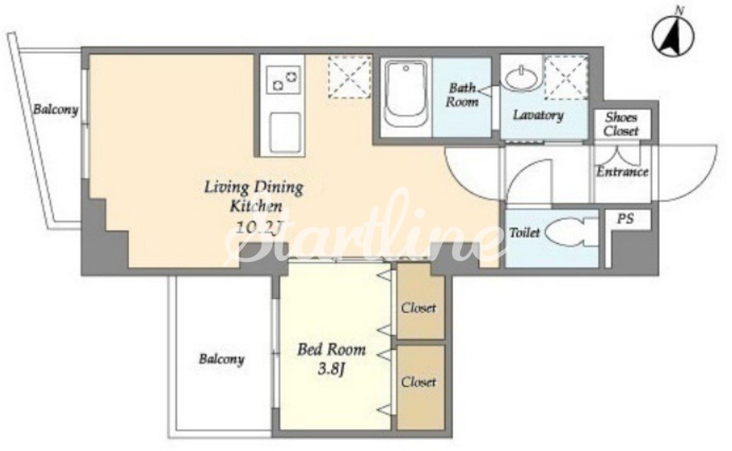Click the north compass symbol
pyautogui.click(x=673, y=35)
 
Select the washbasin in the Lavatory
pyautogui.click(x=522, y=78)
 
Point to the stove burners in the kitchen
pyautogui.click(x=284, y=79)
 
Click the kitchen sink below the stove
pyautogui.click(x=283, y=133)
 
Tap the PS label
pyautogui.click(x=625, y=218)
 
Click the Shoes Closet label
pyautogui.click(x=621, y=124)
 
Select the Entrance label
pyautogui.click(x=622, y=172)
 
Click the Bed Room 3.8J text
pyautogui.click(x=331, y=360)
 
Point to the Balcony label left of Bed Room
pyautogui.click(x=222, y=360)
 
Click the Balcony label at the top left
pyautogui.click(x=55, y=110)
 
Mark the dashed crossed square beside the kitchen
pyautogui.click(x=350, y=77)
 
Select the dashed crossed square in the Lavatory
pyautogui.click(x=566, y=78)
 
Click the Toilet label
pyautogui.click(x=524, y=232)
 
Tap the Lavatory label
pyautogui.click(x=538, y=115)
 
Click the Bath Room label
pyautogui.click(x=462, y=95)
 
